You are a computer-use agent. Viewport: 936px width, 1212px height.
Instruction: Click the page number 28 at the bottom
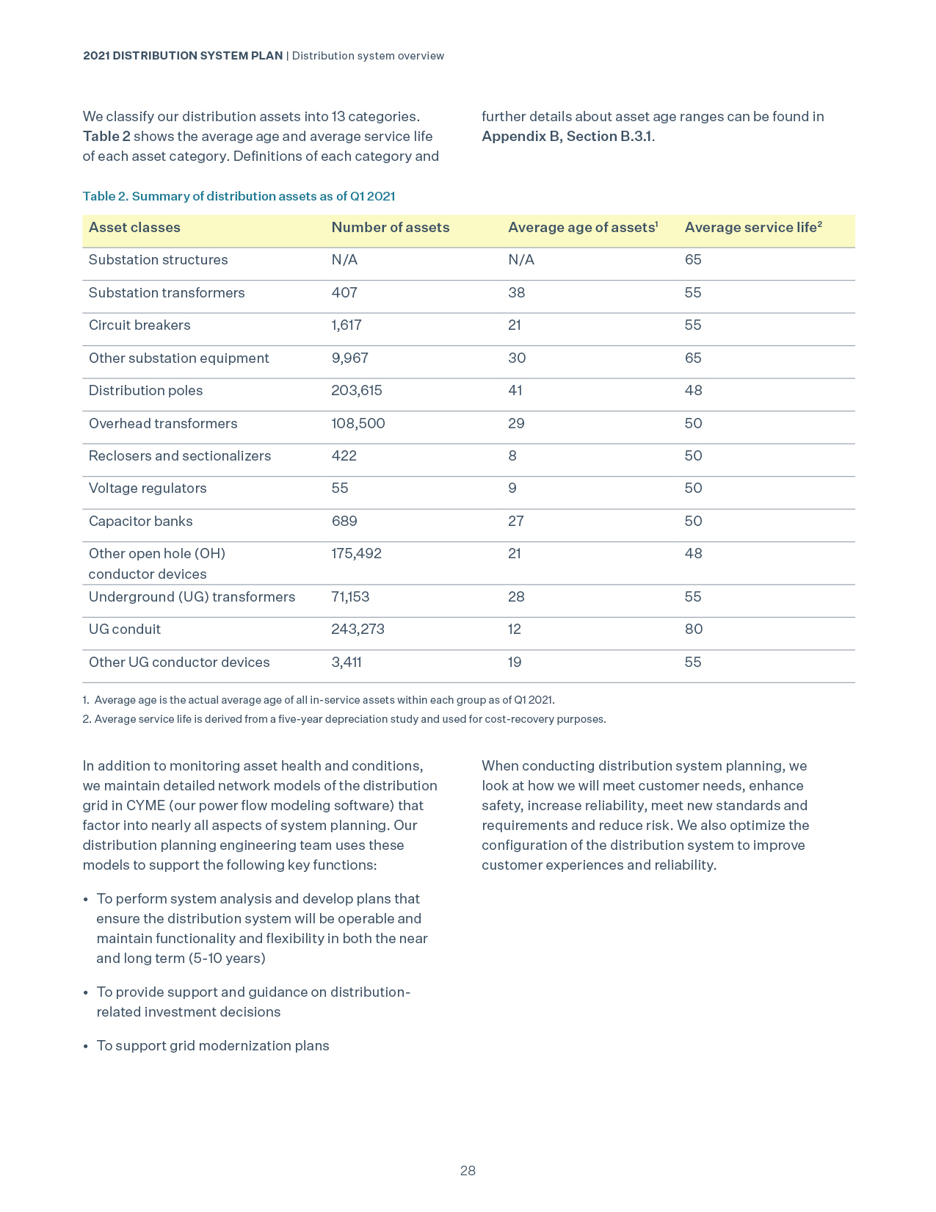point(468,1171)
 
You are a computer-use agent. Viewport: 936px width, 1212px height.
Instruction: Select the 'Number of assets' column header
point(390,228)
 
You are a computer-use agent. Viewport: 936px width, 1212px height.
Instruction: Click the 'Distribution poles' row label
point(145,391)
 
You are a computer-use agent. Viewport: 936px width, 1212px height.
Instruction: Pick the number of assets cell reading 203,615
point(356,391)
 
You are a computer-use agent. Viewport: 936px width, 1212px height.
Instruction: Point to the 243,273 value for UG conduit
point(358,630)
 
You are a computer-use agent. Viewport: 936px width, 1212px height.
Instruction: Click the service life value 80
point(693,630)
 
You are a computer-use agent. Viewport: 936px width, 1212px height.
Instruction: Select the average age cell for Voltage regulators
point(512,488)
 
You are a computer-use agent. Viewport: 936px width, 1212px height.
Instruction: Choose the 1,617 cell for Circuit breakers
point(346,325)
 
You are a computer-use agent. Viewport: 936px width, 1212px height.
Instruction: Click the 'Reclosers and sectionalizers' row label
point(180,456)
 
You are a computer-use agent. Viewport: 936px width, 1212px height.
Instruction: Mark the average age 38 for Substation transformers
point(516,293)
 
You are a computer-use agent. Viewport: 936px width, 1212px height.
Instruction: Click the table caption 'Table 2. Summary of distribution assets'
point(239,196)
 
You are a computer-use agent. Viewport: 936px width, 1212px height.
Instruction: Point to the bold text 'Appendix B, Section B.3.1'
point(567,137)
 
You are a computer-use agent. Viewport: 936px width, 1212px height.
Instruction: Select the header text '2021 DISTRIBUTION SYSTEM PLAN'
point(183,56)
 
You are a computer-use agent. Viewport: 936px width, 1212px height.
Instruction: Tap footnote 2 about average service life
point(344,719)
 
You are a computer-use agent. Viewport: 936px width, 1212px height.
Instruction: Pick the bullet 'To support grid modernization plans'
point(213,1046)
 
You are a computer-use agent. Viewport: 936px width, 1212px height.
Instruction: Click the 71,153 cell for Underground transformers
point(350,597)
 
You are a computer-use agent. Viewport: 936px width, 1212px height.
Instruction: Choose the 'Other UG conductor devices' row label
point(179,663)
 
